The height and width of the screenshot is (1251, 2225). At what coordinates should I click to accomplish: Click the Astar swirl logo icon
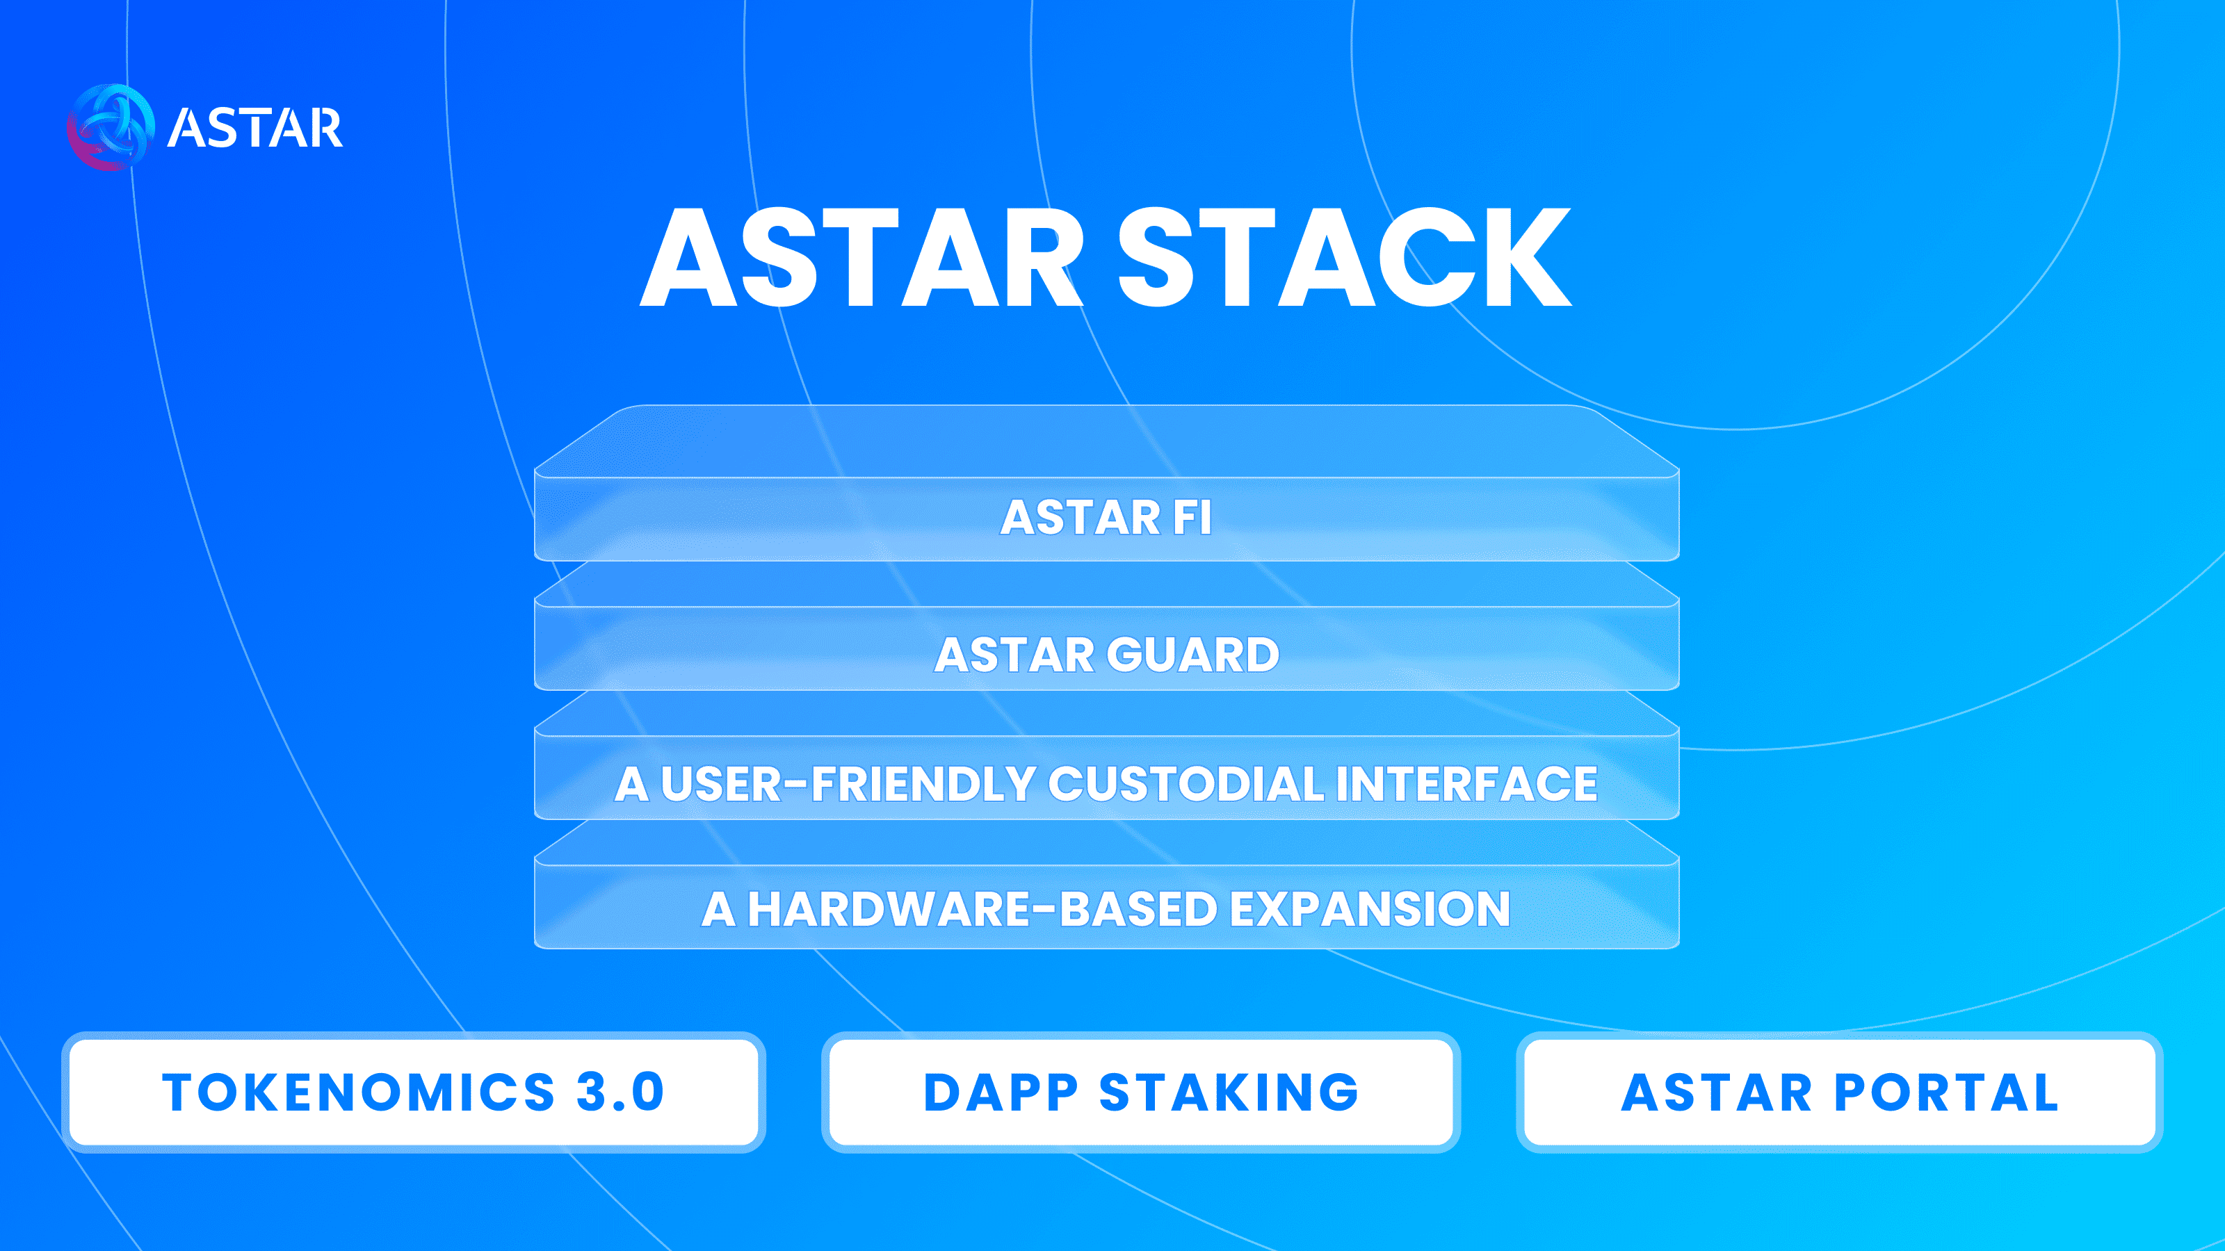[x=111, y=127]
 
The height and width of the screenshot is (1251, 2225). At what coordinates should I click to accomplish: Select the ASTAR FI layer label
[x=1106, y=517]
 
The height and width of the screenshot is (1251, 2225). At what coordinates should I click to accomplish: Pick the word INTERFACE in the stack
[x=1466, y=784]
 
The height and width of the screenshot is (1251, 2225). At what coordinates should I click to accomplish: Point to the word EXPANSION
[x=1370, y=909]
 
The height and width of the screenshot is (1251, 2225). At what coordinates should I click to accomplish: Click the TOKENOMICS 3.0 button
[x=413, y=1092]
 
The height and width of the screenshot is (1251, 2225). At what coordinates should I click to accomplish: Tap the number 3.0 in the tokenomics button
[x=620, y=1092]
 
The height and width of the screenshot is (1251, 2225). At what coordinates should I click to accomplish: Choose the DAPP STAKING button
[x=1141, y=1092]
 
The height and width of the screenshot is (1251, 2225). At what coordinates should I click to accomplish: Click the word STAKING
[x=1229, y=1092]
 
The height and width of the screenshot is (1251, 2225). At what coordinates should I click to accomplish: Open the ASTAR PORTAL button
[x=1840, y=1092]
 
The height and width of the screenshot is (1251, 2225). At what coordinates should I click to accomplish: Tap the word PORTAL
[x=1946, y=1092]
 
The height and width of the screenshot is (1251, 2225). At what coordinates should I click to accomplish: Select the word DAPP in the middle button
[x=1001, y=1092]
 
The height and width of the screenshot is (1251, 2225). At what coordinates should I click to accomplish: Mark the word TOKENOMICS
[x=359, y=1092]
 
